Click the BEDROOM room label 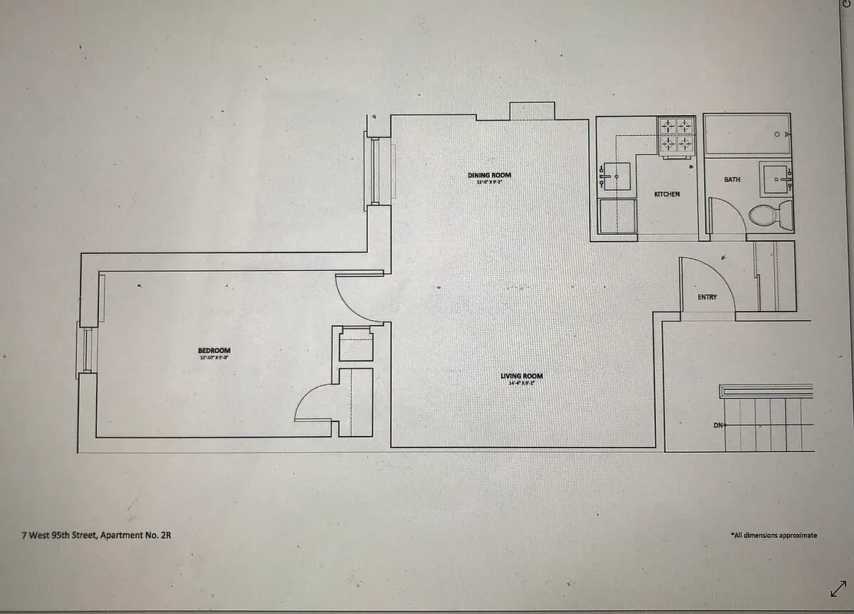[x=213, y=351]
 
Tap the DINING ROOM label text [x=489, y=176]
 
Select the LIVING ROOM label [x=521, y=376]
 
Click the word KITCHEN [x=667, y=194]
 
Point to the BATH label [x=732, y=180]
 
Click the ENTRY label [x=707, y=297]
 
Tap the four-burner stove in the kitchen [x=676, y=135]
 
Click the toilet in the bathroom [x=768, y=213]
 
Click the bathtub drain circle [x=777, y=134]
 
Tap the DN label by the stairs [x=718, y=424]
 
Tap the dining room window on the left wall [x=376, y=170]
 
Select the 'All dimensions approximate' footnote [x=773, y=535]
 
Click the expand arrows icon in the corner [x=838, y=589]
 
